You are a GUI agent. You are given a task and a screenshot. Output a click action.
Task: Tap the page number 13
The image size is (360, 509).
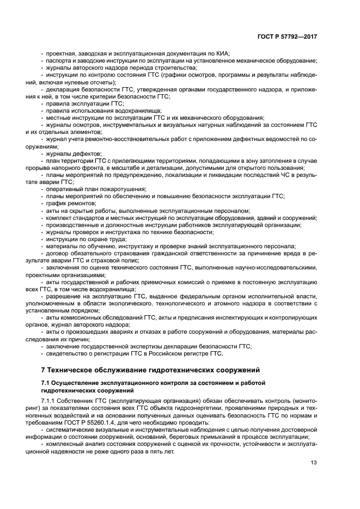(314, 463)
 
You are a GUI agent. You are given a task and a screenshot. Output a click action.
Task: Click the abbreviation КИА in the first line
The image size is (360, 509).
(222, 53)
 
